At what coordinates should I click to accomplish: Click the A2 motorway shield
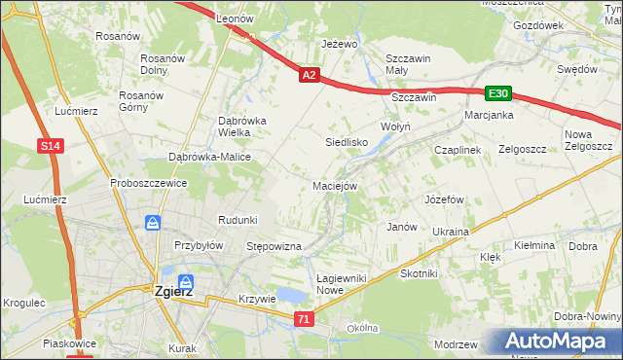(309, 74)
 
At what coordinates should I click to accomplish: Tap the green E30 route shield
(498, 92)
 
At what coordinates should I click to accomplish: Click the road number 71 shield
(305, 319)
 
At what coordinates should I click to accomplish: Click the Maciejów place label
(336, 185)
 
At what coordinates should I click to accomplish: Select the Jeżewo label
(340, 45)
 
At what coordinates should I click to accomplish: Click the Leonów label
(235, 18)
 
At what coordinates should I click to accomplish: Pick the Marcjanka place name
(489, 115)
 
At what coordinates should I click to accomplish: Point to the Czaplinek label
(458, 150)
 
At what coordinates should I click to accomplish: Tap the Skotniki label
(419, 274)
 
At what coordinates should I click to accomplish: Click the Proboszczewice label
(148, 183)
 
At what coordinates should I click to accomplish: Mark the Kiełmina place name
(533, 246)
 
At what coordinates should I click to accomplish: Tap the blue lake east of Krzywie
(291, 296)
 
